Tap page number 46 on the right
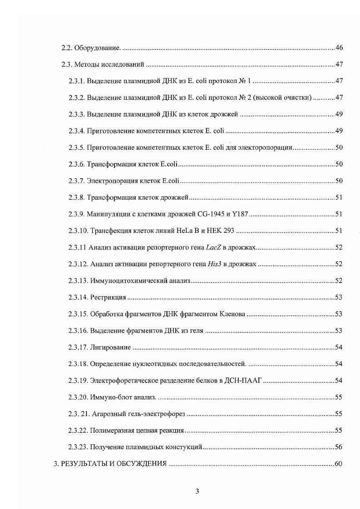[338, 48]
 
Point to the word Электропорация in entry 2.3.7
[112, 181]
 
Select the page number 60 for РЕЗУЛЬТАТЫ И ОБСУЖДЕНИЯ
[338, 464]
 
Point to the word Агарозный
[107, 414]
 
